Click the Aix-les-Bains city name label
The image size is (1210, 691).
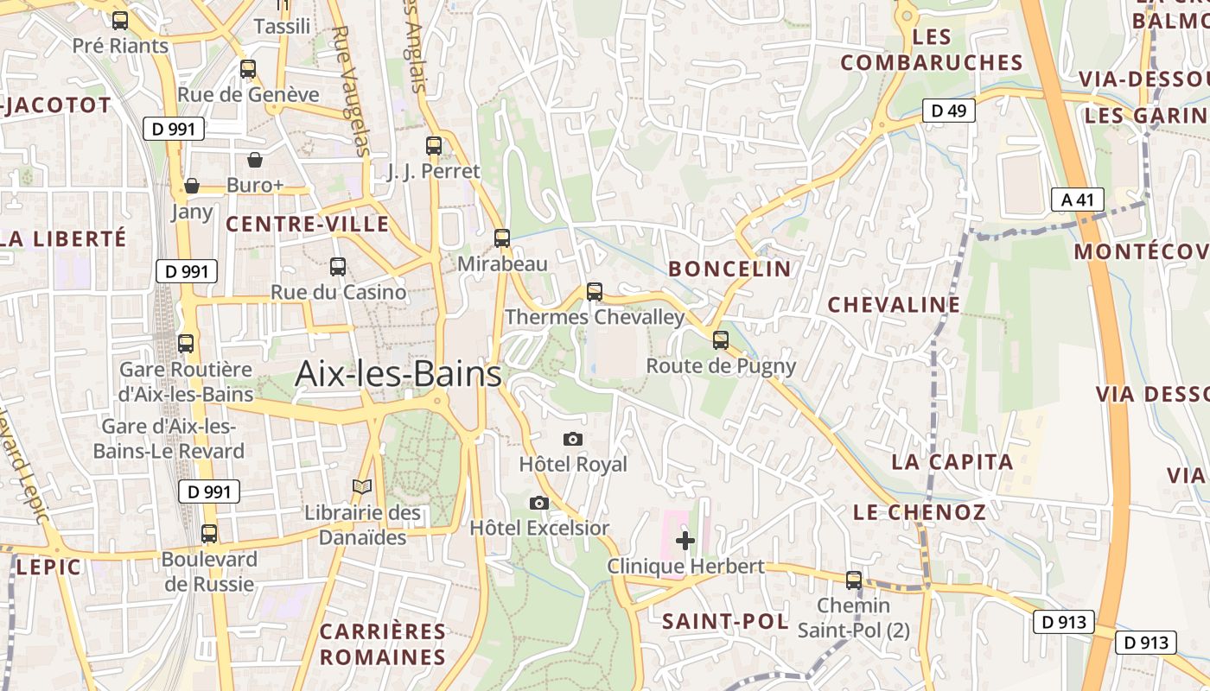pyautogui.click(x=398, y=374)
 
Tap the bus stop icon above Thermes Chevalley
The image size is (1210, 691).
pyautogui.click(x=594, y=292)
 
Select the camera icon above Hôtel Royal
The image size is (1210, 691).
pyautogui.click(x=572, y=440)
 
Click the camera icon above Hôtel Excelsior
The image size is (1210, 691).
pyautogui.click(x=538, y=503)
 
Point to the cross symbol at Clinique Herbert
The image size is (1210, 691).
pyautogui.click(x=685, y=542)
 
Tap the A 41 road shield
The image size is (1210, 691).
pyautogui.click(x=1078, y=200)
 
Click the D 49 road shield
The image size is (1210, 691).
pyautogui.click(x=949, y=111)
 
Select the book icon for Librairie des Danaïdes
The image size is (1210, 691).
pyautogui.click(x=362, y=488)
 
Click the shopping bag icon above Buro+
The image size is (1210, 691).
pyautogui.click(x=255, y=160)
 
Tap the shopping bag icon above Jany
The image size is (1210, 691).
pyautogui.click(x=192, y=186)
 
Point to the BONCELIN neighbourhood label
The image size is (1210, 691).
pyautogui.click(x=730, y=269)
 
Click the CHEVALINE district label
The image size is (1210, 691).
pyautogui.click(x=894, y=305)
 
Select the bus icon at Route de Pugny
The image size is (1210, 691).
pyautogui.click(x=721, y=340)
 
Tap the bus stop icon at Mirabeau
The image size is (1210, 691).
pyautogui.click(x=502, y=238)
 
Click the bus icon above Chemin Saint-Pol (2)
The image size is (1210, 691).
pyautogui.click(x=854, y=580)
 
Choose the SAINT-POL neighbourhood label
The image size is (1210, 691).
pyautogui.click(x=725, y=622)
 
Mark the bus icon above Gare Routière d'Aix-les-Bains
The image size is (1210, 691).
pyautogui.click(x=186, y=344)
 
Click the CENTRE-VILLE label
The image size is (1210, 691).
pyautogui.click(x=308, y=225)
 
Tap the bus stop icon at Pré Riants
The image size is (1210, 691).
pyautogui.click(x=120, y=21)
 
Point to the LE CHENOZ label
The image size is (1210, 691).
pyautogui.click(x=920, y=512)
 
